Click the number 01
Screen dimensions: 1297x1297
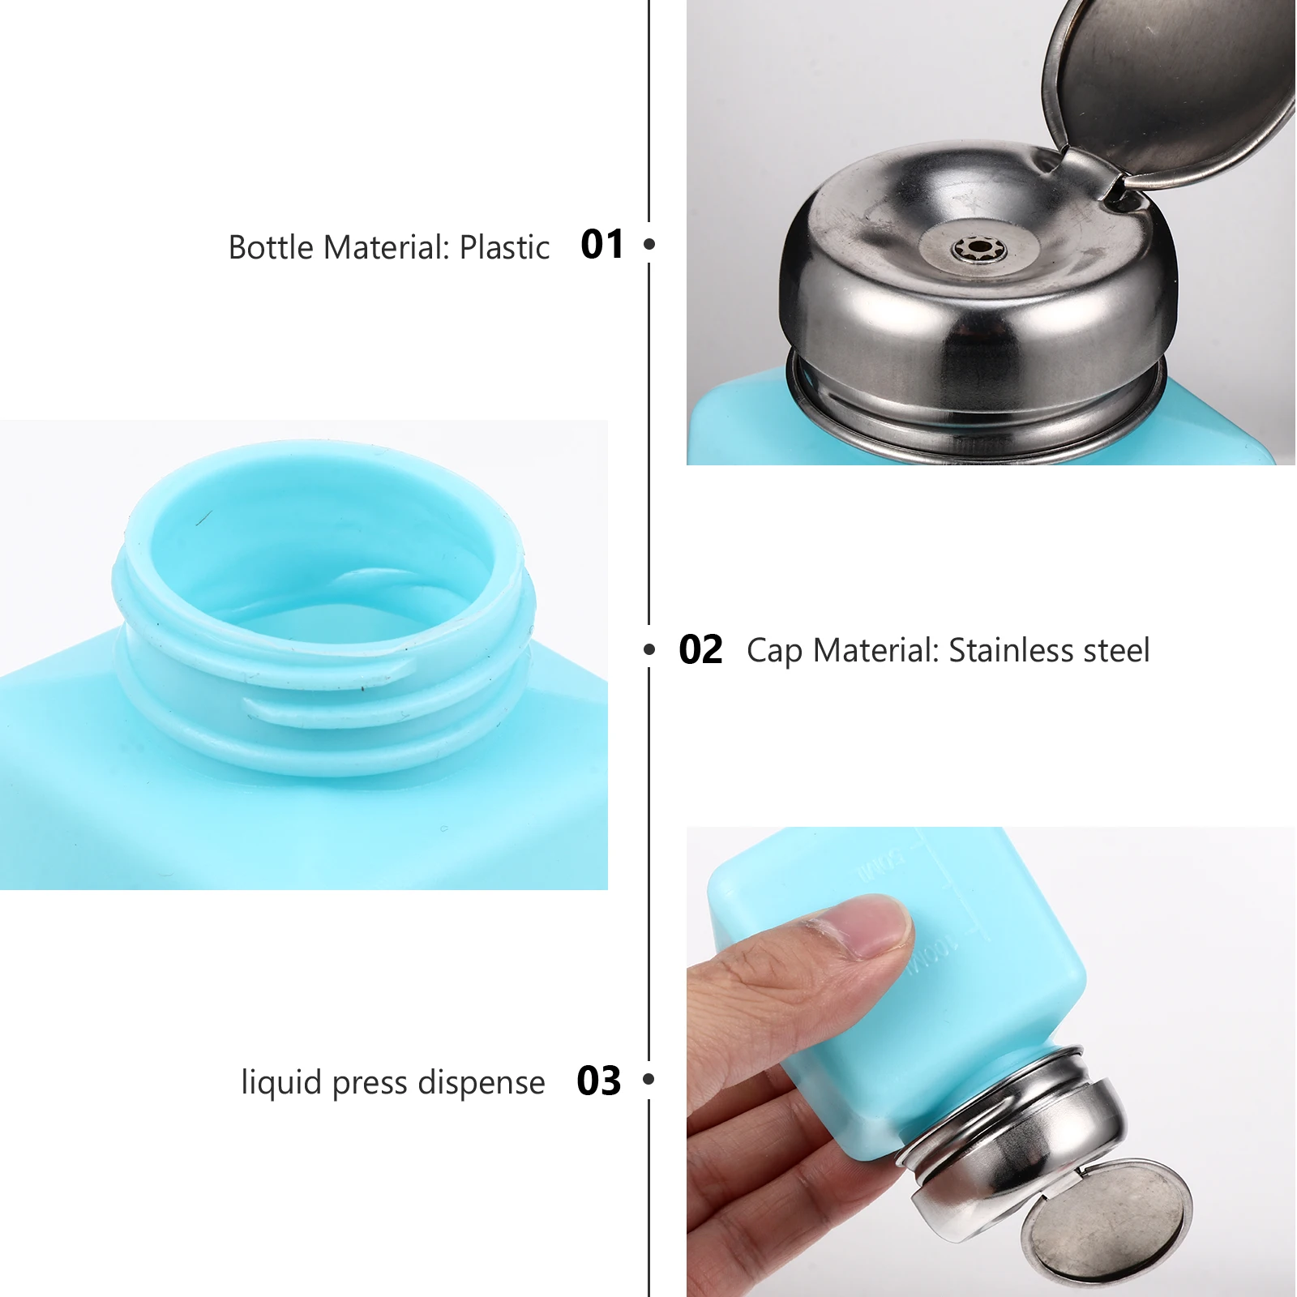(x=602, y=244)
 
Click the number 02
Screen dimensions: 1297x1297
(x=700, y=650)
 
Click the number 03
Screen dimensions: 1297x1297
(x=599, y=1081)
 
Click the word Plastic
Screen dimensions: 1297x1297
(x=504, y=247)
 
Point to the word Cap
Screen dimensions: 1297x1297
(x=774, y=651)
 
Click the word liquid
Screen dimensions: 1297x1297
(x=281, y=1083)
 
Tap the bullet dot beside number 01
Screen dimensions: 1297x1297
(x=649, y=243)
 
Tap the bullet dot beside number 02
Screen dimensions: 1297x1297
(x=649, y=649)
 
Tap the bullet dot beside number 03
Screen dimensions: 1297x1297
(x=648, y=1079)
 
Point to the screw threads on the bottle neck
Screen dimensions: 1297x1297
(x=324, y=697)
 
